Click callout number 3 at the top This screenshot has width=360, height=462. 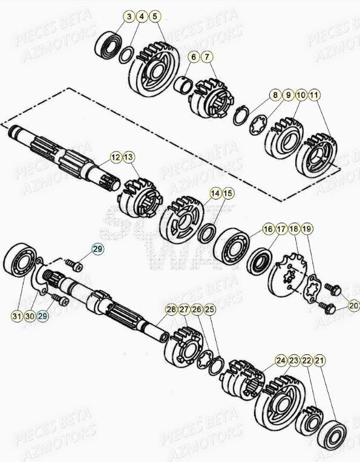tap(129, 16)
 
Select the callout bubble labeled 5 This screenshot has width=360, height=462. tap(155, 16)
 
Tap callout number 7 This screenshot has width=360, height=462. tap(207, 57)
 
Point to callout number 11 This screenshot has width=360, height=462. tap(314, 95)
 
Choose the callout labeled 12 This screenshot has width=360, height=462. tap(115, 157)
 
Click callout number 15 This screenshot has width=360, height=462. tap(227, 194)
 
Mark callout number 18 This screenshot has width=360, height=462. tap(294, 229)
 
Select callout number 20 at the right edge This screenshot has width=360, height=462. tap(354, 307)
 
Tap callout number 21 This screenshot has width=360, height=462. tap(319, 360)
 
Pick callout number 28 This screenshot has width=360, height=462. tap(171, 310)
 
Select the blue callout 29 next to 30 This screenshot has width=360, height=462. tap(43, 315)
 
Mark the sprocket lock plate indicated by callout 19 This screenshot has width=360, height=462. tap(313, 287)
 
